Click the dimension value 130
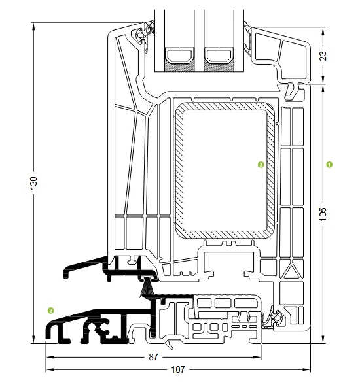(33, 183)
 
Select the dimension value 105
(323, 214)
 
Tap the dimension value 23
(323, 56)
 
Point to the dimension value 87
(153, 357)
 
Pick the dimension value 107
(178, 369)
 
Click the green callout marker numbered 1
(329, 165)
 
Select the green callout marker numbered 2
(51, 311)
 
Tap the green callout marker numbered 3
(261, 165)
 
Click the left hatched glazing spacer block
(179, 66)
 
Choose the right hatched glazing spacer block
(219, 66)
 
